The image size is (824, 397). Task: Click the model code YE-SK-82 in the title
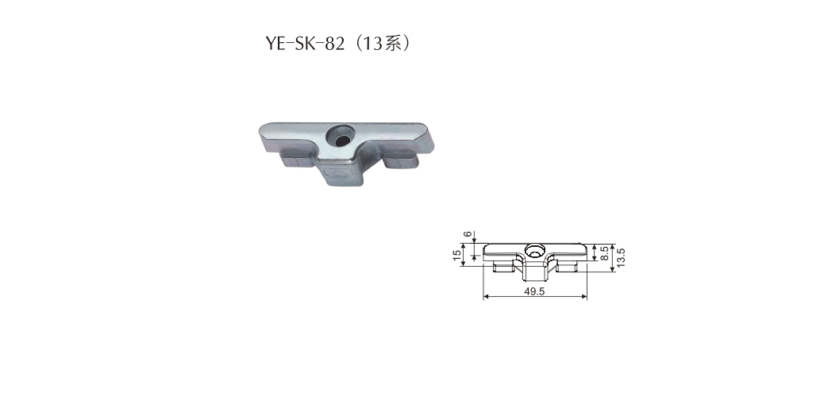click(x=305, y=44)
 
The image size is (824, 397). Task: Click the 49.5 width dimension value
click(x=534, y=291)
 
